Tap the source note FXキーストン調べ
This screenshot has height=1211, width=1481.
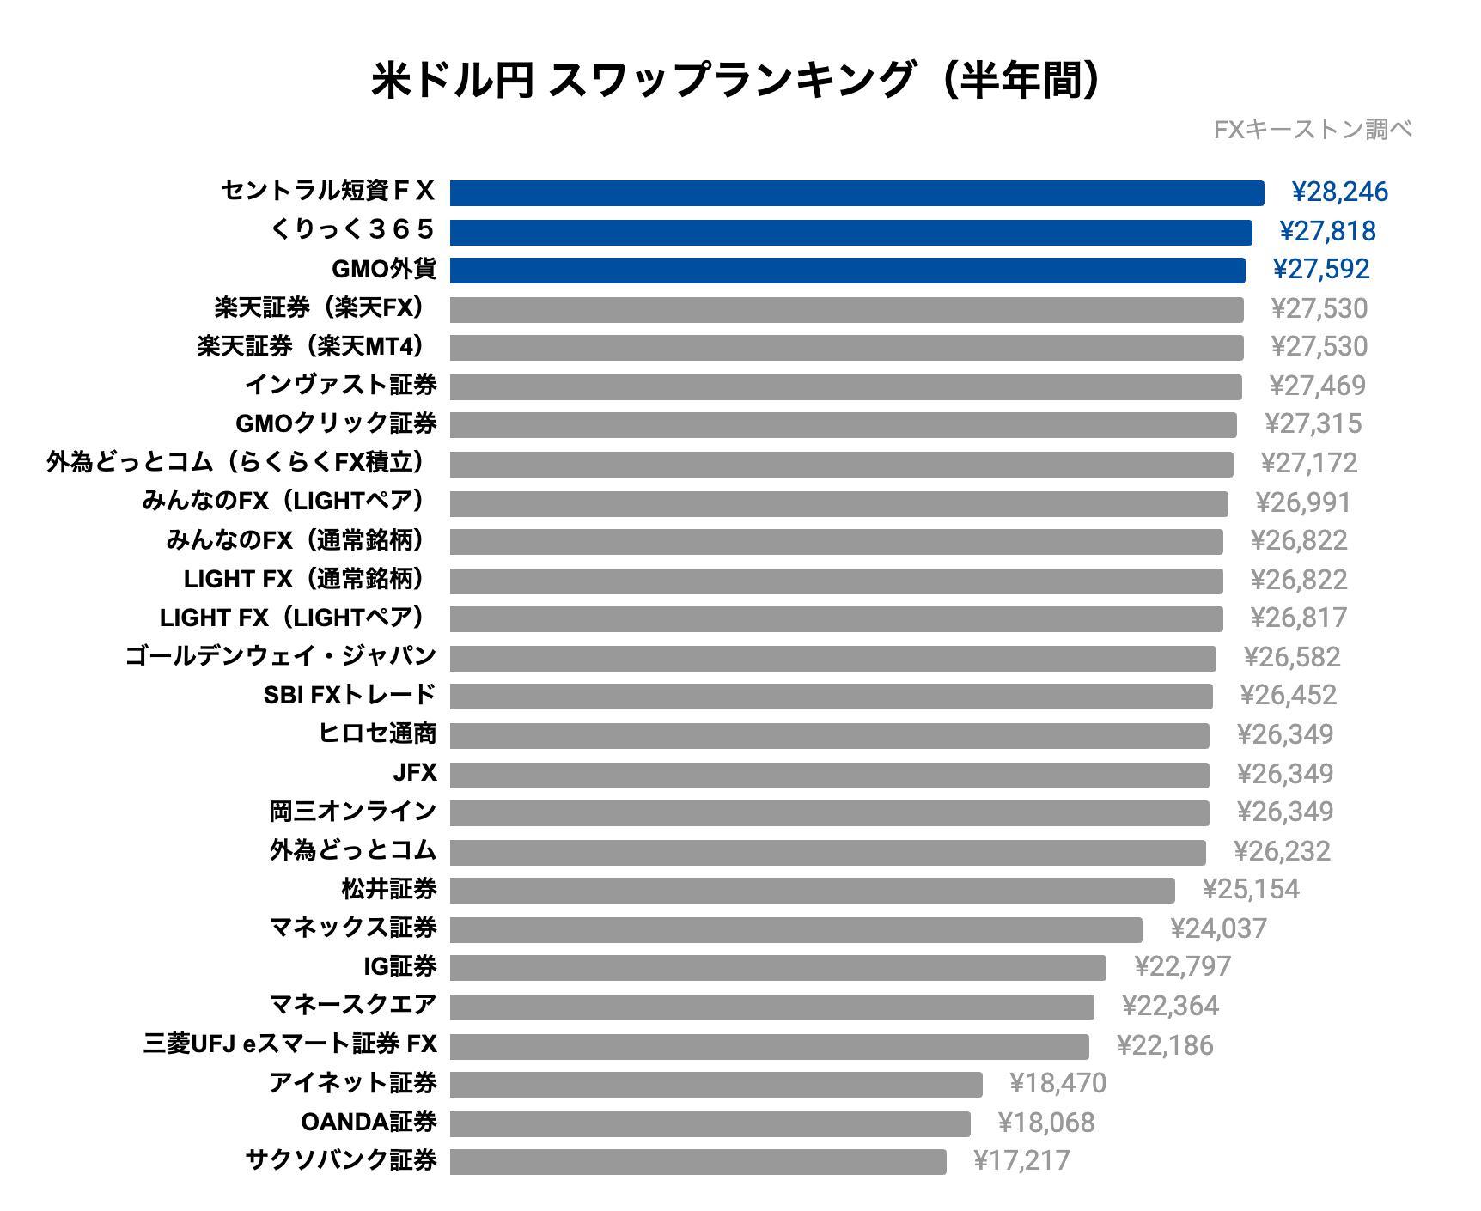pos(1313,130)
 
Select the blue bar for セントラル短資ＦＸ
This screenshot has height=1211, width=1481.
pos(856,193)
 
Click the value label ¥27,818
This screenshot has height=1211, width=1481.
pos(1327,231)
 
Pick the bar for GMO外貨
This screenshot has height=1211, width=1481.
pos(847,271)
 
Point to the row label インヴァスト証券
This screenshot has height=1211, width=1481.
pos(341,385)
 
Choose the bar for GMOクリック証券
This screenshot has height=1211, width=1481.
pos(843,425)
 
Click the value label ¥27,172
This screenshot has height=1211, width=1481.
pos(1309,464)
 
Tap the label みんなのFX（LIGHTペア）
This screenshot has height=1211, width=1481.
pos(283,501)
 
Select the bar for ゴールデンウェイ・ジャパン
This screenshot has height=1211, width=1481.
pos(832,659)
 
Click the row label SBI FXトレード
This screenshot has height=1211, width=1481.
pos(350,695)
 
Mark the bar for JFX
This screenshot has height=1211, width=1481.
pos(829,776)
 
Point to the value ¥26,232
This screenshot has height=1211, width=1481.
pos(1282,851)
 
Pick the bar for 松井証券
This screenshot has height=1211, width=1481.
pos(812,891)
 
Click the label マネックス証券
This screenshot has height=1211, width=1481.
pos(353,928)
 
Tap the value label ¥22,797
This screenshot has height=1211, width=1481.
pos(1183,967)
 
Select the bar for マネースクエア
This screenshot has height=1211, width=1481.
pos(771,1007)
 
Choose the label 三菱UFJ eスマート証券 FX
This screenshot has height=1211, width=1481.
pos(290,1044)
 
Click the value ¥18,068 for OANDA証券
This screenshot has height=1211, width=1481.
pos(1046,1123)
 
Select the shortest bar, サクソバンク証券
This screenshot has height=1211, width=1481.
pos(698,1162)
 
